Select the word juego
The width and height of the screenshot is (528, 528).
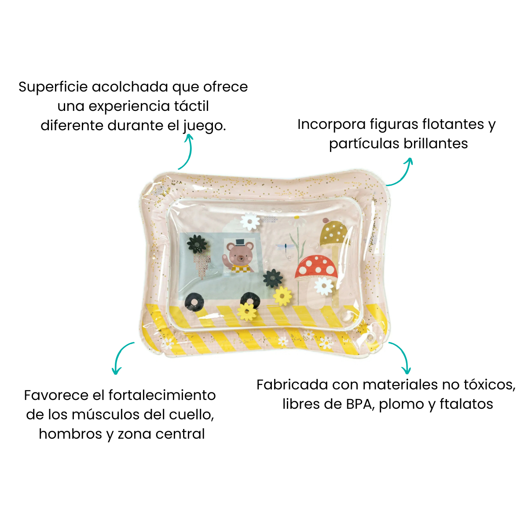[x=205, y=126]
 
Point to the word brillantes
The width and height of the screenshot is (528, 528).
[x=436, y=143]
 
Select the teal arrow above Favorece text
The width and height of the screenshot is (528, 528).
[x=119, y=354]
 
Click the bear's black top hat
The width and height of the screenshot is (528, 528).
[x=240, y=242]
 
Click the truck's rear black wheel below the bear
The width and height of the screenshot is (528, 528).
[x=194, y=302]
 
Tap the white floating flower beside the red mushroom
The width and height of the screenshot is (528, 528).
[x=324, y=286]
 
